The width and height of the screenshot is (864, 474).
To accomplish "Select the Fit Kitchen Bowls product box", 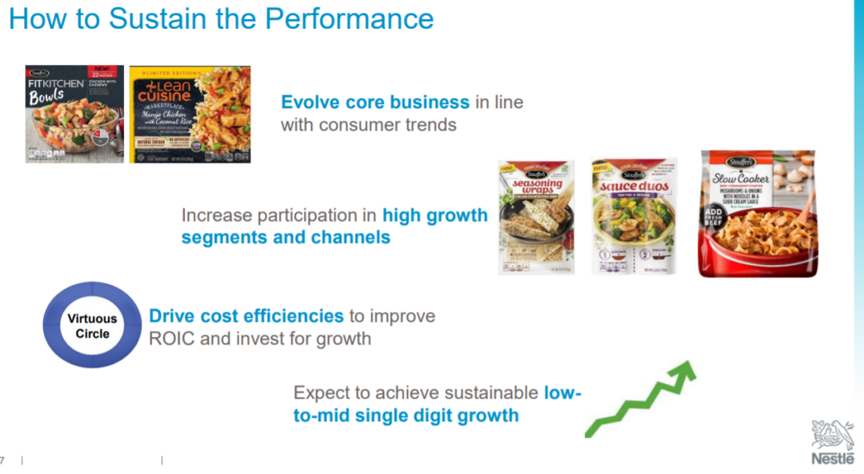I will coord(74,114).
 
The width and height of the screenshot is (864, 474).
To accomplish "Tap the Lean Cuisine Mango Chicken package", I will coord(190,114).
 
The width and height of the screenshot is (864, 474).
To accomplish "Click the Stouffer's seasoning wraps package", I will coord(536,216).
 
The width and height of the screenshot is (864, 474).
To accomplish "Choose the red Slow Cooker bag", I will coord(757,213).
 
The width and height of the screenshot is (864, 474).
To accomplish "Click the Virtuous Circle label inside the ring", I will coord(92,326).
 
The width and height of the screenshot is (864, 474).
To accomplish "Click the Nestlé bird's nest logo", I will coord(832,435).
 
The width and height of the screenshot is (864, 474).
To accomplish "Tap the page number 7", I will coord(2,460).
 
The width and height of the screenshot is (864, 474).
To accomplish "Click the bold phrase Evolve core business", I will coord(375,102).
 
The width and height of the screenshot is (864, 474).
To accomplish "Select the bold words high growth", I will coord(434,215).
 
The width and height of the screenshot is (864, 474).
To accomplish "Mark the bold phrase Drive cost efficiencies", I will coord(246,315).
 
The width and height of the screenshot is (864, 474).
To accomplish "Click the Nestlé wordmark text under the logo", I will coord(832,459).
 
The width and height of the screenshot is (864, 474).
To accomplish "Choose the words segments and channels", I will coord(286,238).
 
